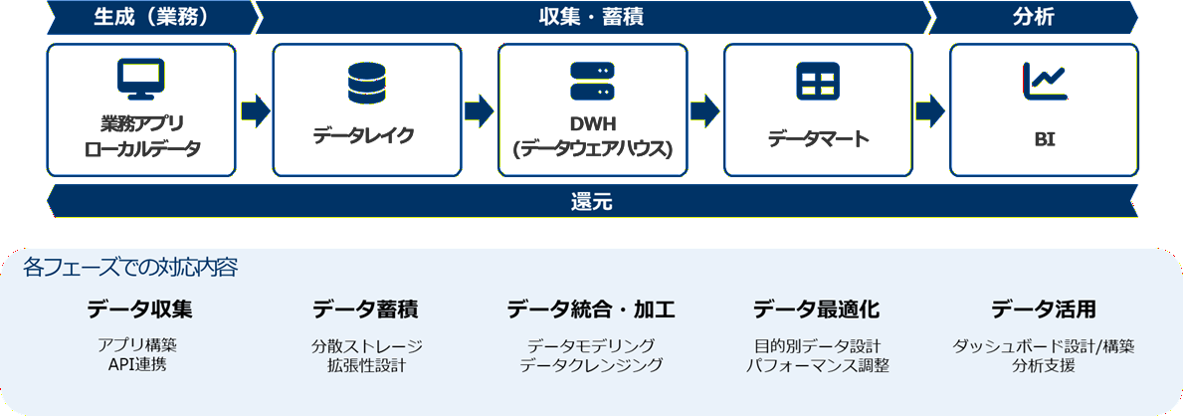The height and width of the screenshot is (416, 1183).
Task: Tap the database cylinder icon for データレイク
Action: pyautogui.click(x=366, y=82)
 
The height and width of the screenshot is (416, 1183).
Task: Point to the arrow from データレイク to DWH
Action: pyautogui.click(x=479, y=109)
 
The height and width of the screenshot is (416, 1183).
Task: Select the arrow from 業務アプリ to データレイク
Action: pyautogui.click(x=254, y=109)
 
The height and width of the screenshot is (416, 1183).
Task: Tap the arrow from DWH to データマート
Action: pyautogui.click(x=704, y=109)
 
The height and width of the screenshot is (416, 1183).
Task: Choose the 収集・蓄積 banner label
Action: pyautogui.click(x=592, y=17)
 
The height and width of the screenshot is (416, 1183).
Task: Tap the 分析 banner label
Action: pyautogui.click(x=1035, y=17)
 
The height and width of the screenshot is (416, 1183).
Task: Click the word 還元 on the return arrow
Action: pyautogui.click(x=592, y=202)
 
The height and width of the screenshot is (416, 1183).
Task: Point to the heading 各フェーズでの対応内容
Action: pyautogui.click(x=130, y=268)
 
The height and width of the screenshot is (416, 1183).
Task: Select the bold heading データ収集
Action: pyautogui.click(x=139, y=310)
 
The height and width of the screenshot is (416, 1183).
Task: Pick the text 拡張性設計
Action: pyautogui.click(x=366, y=365)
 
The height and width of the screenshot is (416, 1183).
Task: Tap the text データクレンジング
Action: pyautogui.click(x=591, y=365)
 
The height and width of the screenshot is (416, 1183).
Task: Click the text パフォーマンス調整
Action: pyautogui.click(x=817, y=365)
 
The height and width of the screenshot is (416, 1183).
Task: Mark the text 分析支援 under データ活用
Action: pyautogui.click(x=1043, y=365)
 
